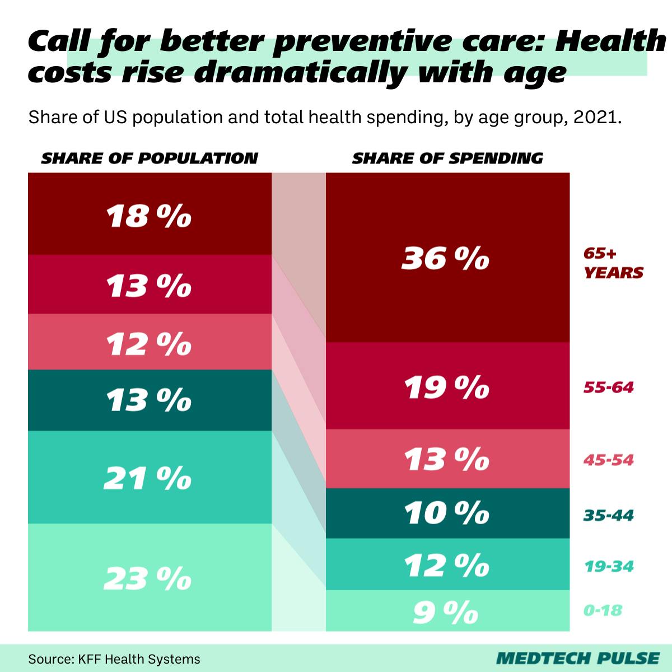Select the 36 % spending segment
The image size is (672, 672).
point(447,258)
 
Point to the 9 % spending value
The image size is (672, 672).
point(446,612)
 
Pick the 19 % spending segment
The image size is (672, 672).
point(447,386)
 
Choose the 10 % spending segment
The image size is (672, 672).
point(447,513)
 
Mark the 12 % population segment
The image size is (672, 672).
point(150,343)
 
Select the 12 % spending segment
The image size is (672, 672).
point(447,564)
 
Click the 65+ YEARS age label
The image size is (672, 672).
point(613,263)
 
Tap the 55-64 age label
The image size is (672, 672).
point(608,387)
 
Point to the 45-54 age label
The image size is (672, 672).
point(608,460)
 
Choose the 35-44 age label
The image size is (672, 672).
point(608,515)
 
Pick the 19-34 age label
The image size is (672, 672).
point(608,566)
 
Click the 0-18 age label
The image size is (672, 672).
point(603,610)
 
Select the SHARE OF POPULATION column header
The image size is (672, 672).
point(150,158)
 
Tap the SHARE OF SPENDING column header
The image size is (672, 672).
point(447,158)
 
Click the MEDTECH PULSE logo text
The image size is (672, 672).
point(577,658)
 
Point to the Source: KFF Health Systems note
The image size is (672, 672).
point(114,659)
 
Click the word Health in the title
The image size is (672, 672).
point(609,41)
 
